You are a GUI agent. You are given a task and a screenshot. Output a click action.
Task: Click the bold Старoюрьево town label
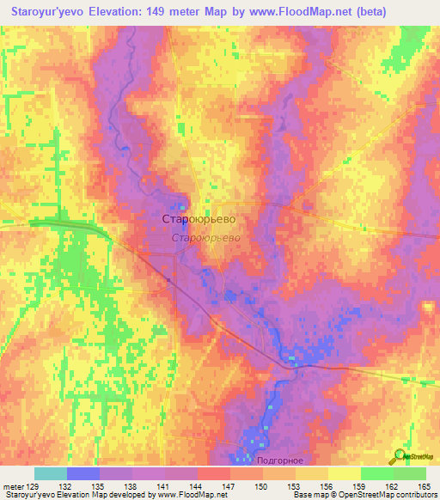199,219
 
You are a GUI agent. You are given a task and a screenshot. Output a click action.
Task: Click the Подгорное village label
279,460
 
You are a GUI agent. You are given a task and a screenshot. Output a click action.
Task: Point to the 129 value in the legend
34,485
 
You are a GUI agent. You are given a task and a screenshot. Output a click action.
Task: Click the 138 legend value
131,485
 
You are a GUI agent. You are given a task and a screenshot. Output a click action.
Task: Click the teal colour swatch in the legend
50,473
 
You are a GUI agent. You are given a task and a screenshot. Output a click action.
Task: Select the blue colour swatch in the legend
82,473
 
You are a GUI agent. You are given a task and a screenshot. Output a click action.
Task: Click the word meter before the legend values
12,485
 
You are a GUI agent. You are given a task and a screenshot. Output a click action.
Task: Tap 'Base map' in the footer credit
310,495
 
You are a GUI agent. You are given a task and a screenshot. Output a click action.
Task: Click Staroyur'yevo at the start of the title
43,11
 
